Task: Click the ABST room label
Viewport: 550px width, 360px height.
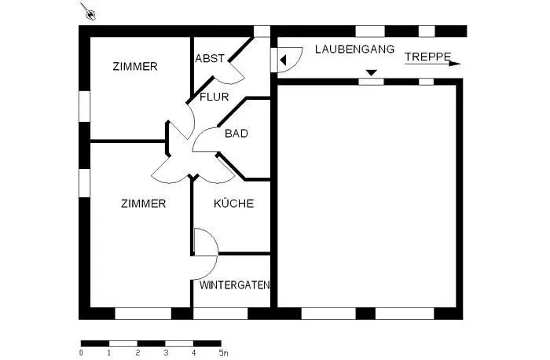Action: point(210,58)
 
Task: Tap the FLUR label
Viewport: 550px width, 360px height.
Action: point(214,97)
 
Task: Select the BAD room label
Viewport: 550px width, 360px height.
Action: point(236,134)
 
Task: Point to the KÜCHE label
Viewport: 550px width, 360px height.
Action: point(233,204)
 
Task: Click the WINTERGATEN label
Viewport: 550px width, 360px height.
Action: point(235,285)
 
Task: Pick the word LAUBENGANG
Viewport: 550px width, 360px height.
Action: point(354,49)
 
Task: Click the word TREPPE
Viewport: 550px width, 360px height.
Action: point(428,57)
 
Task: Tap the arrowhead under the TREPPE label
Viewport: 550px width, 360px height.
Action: point(455,64)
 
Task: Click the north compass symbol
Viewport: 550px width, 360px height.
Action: point(88,12)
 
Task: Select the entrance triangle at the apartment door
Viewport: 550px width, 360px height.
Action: point(283,61)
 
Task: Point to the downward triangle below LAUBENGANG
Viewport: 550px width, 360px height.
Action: point(371,72)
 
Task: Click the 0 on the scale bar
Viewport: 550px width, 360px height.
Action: point(82,353)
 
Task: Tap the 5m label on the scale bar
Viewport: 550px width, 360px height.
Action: point(223,353)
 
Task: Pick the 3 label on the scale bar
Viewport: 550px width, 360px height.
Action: point(167,353)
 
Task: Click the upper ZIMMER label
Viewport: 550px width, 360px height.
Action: point(135,66)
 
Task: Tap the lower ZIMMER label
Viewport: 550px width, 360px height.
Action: point(144,204)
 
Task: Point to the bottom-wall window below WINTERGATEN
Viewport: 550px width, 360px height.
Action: point(221,314)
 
